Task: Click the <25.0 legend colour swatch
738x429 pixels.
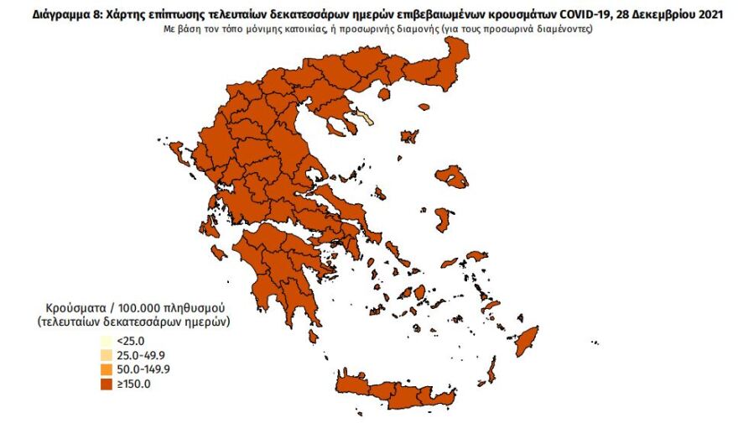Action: [x=106, y=342]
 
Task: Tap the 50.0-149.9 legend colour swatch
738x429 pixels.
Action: [x=106, y=370]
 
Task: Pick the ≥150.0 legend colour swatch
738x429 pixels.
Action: [x=106, y=385]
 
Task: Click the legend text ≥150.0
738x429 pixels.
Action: [x=132, y=385]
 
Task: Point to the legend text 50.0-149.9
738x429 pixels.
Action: [x=143, y=370]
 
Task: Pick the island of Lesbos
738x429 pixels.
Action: [x=453, y=176]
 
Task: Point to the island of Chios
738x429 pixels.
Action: [x=443, y=221]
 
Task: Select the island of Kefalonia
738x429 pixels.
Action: [x=218, y=251]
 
